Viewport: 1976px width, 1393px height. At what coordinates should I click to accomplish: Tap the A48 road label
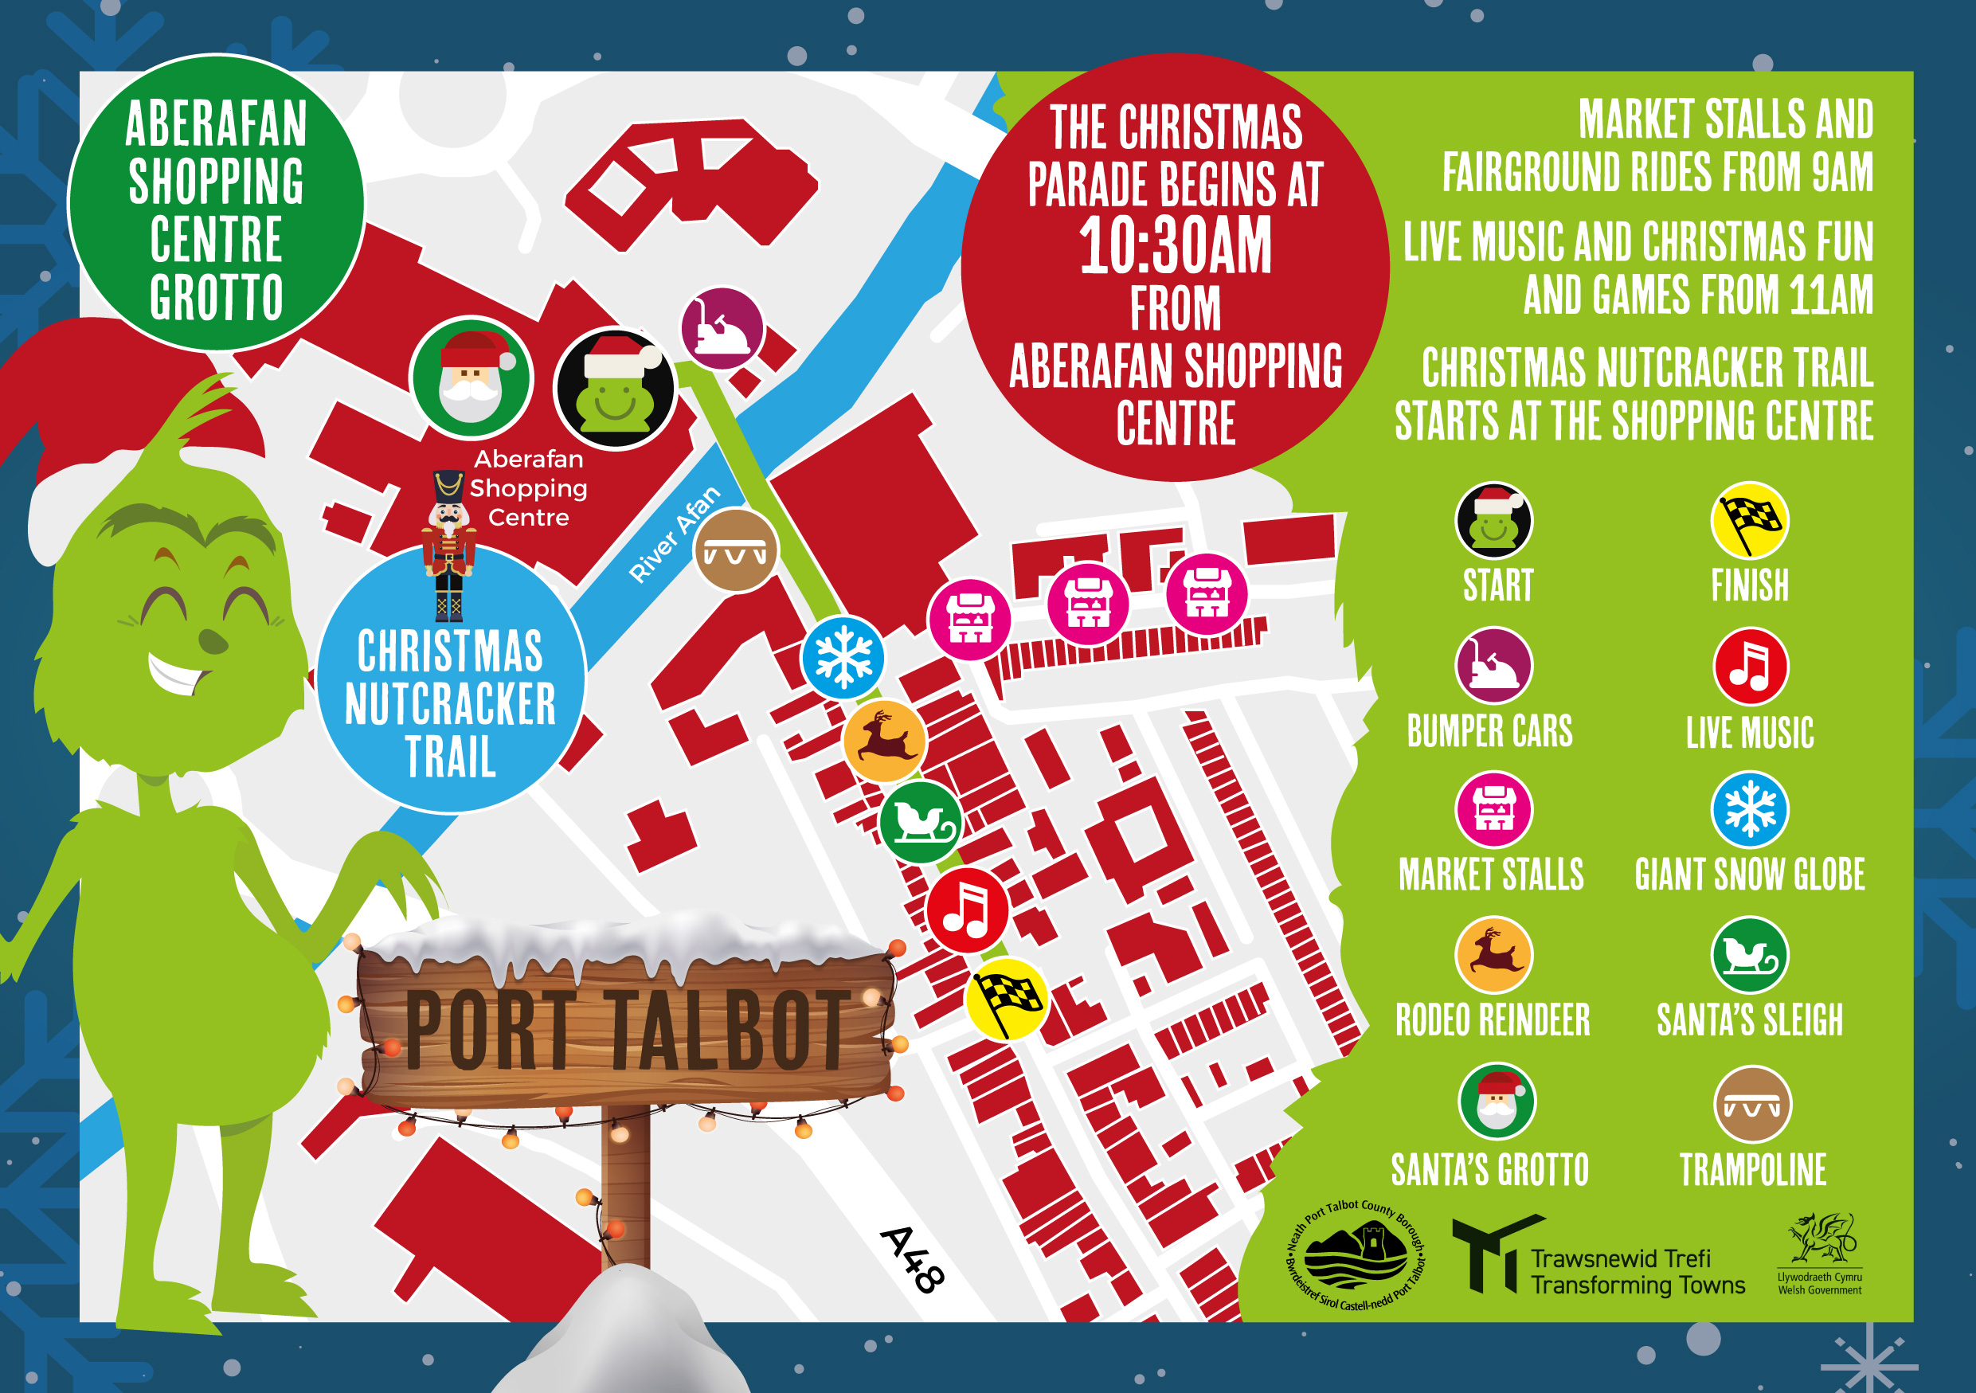tap(912, 1260)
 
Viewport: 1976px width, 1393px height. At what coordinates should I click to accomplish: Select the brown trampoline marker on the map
tap(736, 550)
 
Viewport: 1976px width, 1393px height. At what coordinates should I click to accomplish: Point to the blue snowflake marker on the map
tap(843, 658)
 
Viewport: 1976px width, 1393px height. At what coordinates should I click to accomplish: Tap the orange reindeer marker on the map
tap(885, 740)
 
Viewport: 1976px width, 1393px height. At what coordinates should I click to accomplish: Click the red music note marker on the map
tap(968, 910)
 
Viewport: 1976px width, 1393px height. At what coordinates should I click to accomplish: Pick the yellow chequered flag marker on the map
tap(1006, 1000)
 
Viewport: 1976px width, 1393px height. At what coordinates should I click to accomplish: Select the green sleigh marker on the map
tap(921, 822)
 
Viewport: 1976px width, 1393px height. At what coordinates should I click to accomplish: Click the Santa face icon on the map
tap(471, 378)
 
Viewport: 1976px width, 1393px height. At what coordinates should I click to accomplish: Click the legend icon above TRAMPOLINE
tap(1752, 1105)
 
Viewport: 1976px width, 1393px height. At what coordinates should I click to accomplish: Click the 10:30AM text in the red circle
tap(1175, 247)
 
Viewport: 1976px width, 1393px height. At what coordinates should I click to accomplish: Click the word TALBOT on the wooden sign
tap(730, 1029)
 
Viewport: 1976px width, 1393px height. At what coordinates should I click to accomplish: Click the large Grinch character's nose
tap(213, 641)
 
